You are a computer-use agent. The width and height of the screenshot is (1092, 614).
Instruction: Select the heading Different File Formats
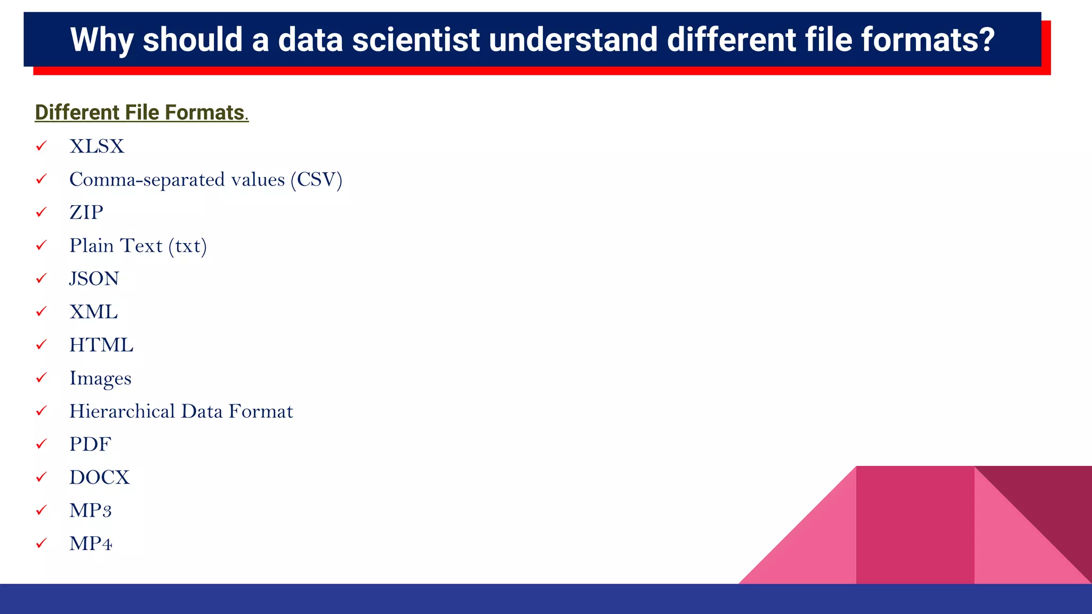pyautogui.click(x=141, y=112)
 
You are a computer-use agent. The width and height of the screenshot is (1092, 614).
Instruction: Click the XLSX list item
pyautogui.click(x=97, y=147)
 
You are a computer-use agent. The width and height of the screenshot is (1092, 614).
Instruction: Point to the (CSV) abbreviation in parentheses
pyautogui.click(x=316, y=180)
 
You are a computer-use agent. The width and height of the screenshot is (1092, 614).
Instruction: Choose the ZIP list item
pyautogui.click(x=86, y=213)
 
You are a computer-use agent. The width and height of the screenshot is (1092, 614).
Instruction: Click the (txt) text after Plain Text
pyautogui.click(x=187, y=246)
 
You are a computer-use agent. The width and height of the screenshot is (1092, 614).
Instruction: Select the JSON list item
pyautogui.click(x=94, y=279)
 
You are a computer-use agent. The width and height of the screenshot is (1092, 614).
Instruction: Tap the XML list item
pyautogui.click(x=93, y=312)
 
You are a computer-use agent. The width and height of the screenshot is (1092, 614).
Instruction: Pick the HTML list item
pyautogui.click(x=101, y=345)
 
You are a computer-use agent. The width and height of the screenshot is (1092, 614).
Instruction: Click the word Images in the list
pyautogui.click(x=100, y=378)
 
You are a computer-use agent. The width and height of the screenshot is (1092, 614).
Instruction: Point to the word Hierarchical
pyautogui.click(x=122, y=411)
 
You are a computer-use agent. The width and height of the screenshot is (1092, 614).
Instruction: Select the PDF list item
pyautogui.click(x=90, y=445)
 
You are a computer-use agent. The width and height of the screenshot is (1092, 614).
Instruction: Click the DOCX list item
pyautogui.click(x=99, y=478)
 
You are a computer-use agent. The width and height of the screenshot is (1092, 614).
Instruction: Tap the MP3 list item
pyautogui.click(x=90, y=511)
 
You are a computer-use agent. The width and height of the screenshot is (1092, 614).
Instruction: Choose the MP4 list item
pyautogui.click(x=91, y=544)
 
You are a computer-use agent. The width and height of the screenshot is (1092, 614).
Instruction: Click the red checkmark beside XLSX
pyautogui.click(x=41, y=146)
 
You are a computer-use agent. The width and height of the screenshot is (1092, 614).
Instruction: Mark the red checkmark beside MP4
pyautogui.click(x=41, y=543)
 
